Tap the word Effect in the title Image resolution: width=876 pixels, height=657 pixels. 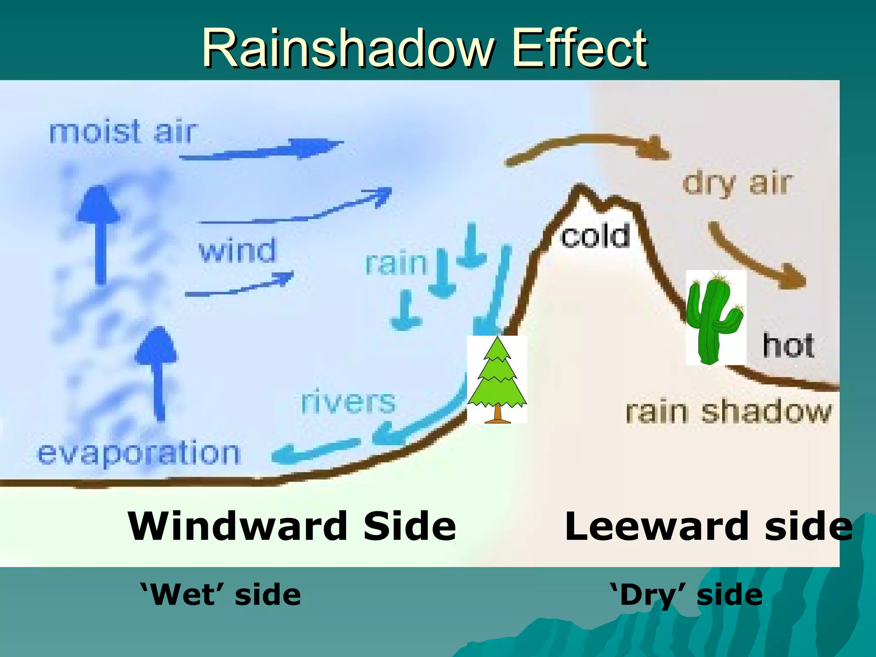tap(580, 48)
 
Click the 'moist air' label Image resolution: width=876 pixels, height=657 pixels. tap(123, 132)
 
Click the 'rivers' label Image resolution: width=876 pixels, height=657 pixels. tap(348, 402)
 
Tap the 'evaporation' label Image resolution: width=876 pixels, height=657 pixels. tap(139, 453)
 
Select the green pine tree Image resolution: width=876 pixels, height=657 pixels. tap(497, 376)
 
